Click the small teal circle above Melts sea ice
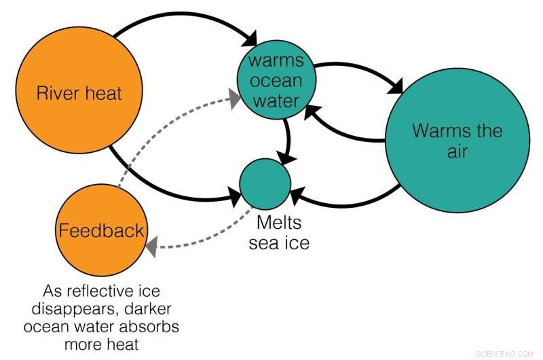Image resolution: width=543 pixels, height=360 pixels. pos(265,184)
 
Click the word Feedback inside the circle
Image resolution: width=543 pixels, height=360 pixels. pos(101,230)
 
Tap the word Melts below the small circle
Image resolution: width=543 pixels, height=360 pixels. pos(278,223)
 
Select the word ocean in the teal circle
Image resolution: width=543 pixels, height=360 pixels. pos(275,82)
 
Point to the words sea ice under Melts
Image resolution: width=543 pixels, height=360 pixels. pos(278,242)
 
